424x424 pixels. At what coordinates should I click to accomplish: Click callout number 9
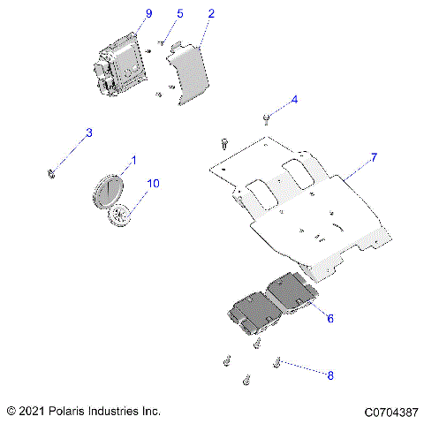click(148, 13)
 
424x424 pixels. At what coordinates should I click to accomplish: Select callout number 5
click(180, 14)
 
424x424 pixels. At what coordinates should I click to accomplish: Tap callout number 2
click(210, 14)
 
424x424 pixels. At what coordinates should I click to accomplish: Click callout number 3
click(88, 133)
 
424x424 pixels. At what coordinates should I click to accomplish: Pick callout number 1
click(133, 160)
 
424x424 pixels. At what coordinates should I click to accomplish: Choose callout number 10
click(153, 184)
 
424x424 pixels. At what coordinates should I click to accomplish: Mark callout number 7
click(374, 157)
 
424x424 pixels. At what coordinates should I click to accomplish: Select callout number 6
click(330, 317)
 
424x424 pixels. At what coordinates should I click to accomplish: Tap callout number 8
click(330, 375)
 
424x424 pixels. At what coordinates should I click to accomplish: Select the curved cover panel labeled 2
click(188, 75)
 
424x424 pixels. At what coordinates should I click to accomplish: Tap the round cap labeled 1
click(111, 190)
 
